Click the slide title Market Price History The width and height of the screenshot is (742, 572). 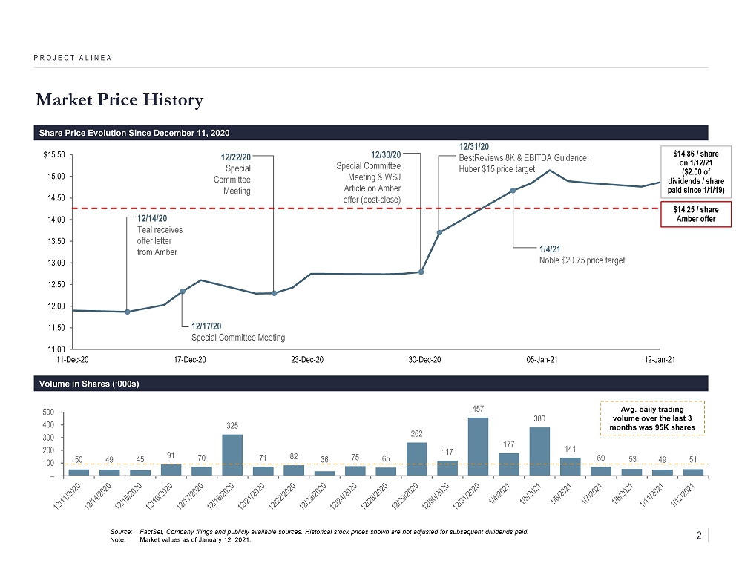coord(118,99)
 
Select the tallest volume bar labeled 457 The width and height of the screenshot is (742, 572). coord(478,446)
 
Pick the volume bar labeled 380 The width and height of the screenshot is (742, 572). coord(539,451)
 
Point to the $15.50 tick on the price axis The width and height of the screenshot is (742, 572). coord(54,155)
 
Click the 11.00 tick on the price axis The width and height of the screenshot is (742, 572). coord(56,349)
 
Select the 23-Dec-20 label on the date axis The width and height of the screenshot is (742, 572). coord(306,360)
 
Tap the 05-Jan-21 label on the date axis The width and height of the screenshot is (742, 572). coord(542,360)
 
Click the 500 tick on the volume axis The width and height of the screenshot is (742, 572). coord(48,412)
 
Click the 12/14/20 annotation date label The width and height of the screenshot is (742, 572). coord(152,219)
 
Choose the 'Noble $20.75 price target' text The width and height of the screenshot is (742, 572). coord(582,260)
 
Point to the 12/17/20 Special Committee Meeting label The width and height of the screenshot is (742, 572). coord(237,332)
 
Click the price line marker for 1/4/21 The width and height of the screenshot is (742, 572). coord(513,191)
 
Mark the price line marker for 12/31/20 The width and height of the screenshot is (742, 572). coord(440,233)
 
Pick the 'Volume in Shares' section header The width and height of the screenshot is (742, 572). coord(88,384)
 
